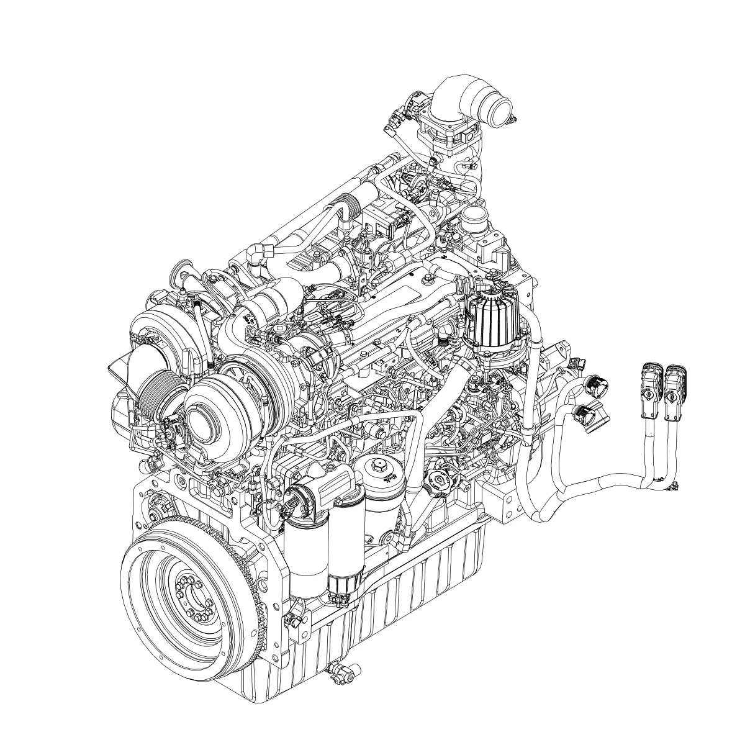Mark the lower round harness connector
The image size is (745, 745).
[x=593, y=414]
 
